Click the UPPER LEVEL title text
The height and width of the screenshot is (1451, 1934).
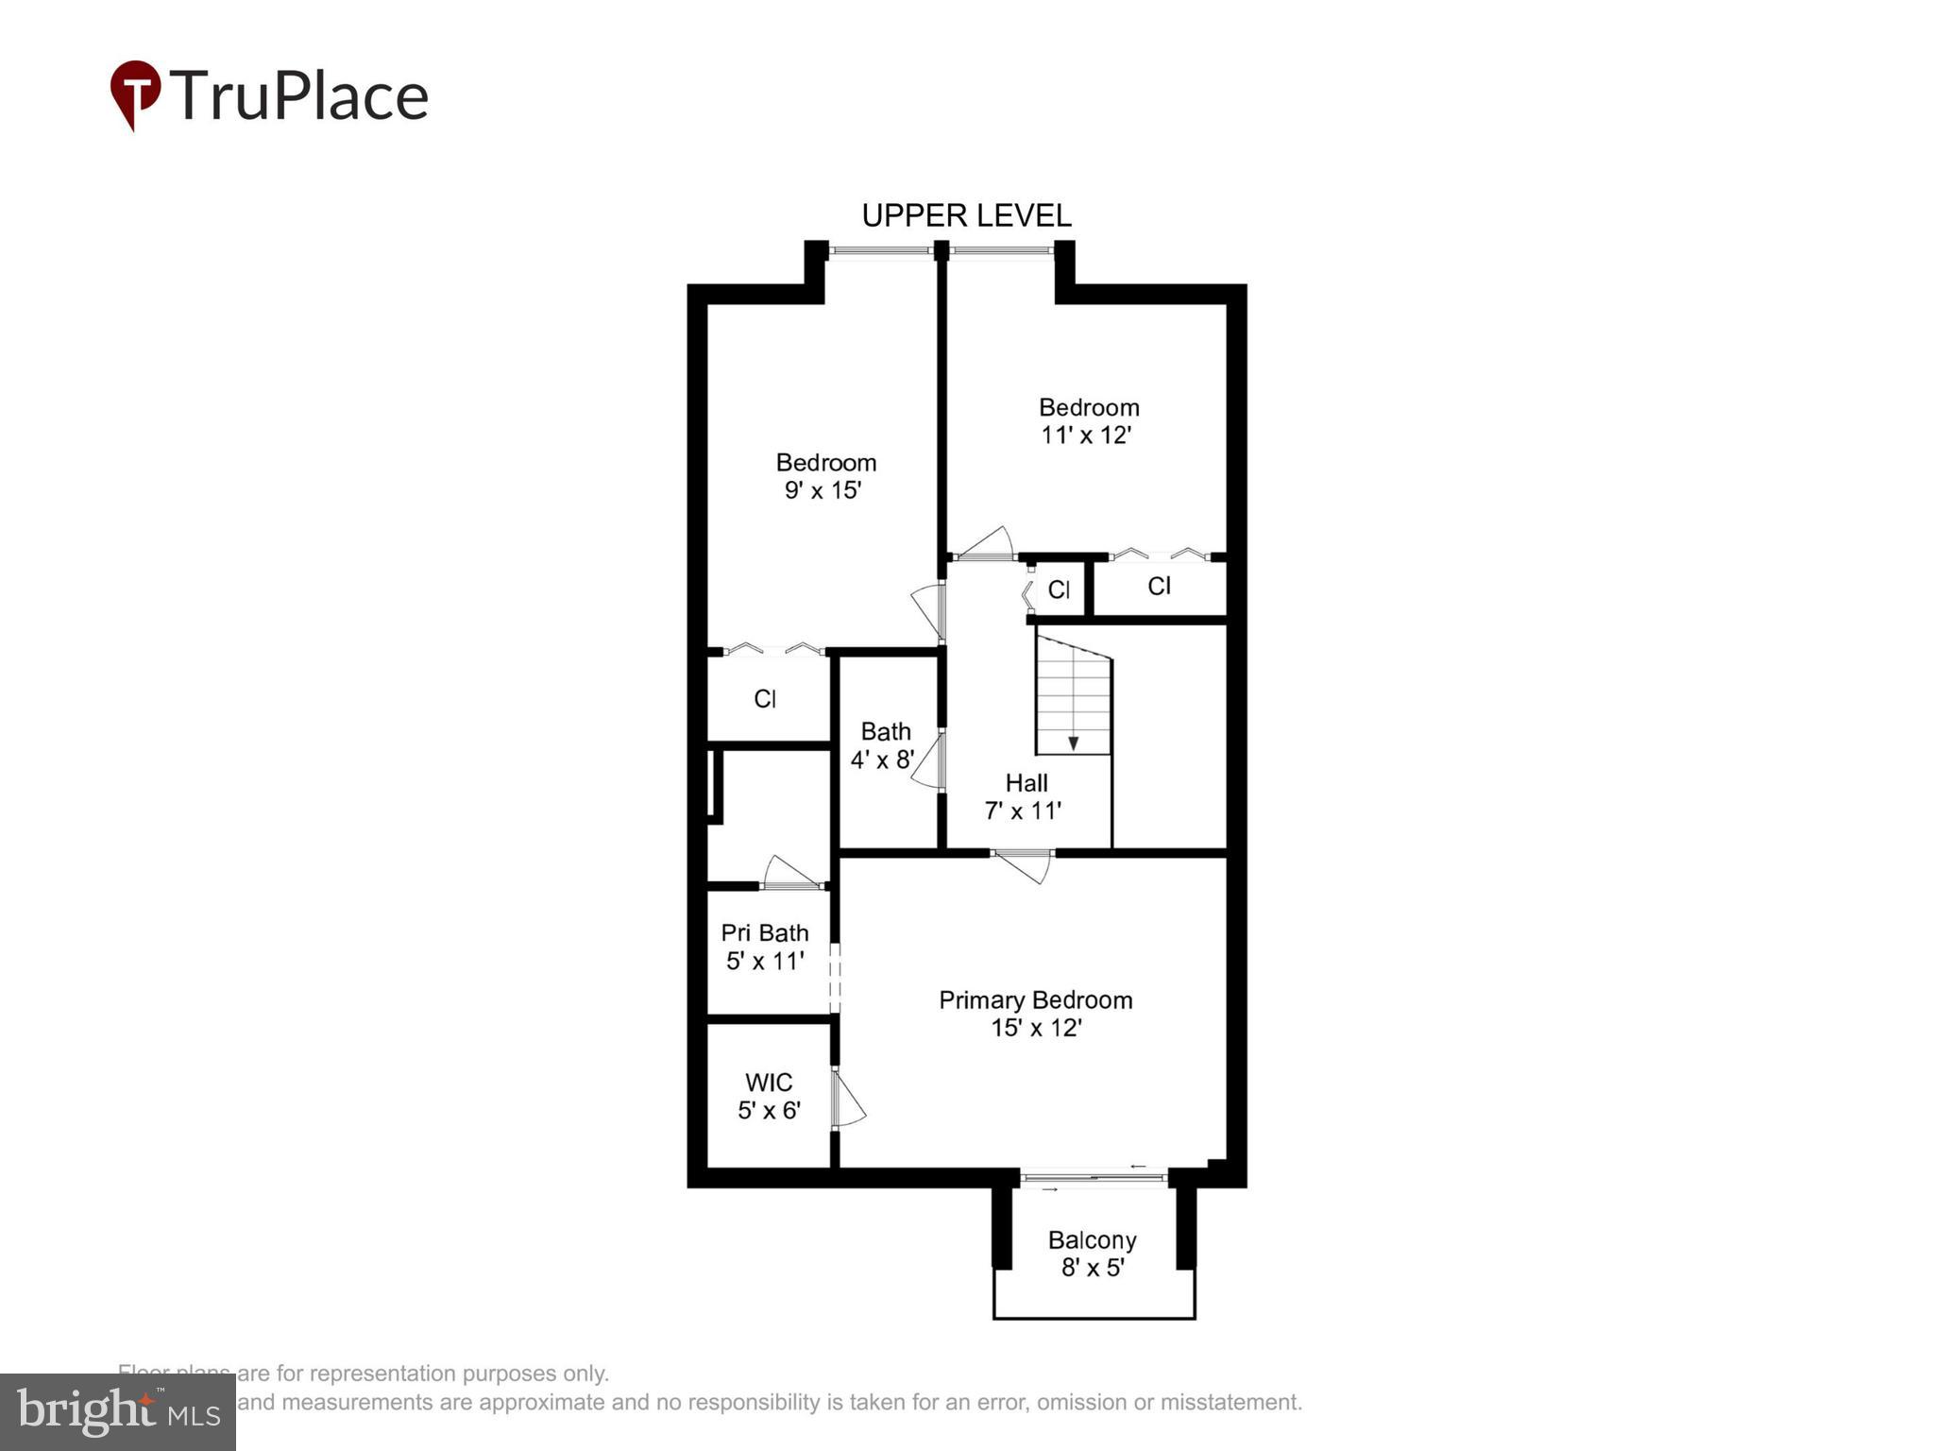click(x=966, y=215)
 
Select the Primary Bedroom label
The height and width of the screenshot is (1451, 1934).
click(x=1035, y=1000)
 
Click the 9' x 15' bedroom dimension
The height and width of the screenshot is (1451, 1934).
click(x=823, y=490)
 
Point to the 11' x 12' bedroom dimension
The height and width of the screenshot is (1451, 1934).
click(x=1086, y=435)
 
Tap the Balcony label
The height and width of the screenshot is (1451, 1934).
click(x=1092, y=1239)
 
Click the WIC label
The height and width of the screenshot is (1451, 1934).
click(x=769, y=1083)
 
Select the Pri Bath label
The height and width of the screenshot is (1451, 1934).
click(x=765, y=933)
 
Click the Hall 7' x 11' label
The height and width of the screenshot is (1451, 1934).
click(x=1025, y=796)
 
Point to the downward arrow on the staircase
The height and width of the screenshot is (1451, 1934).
click(x=1073, y=743)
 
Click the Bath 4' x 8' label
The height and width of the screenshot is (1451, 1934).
click(x=885, y=745)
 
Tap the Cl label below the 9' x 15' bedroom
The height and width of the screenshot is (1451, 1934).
click(x=765, y=699)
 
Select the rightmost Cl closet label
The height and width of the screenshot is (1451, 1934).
click(x=1160, y=587)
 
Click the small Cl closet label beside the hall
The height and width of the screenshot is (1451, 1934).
click(x=1059, y=589)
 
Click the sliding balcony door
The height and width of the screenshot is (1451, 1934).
click(x=1094, y=1178)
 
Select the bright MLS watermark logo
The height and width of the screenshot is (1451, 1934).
click(x=118, y=1412)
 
